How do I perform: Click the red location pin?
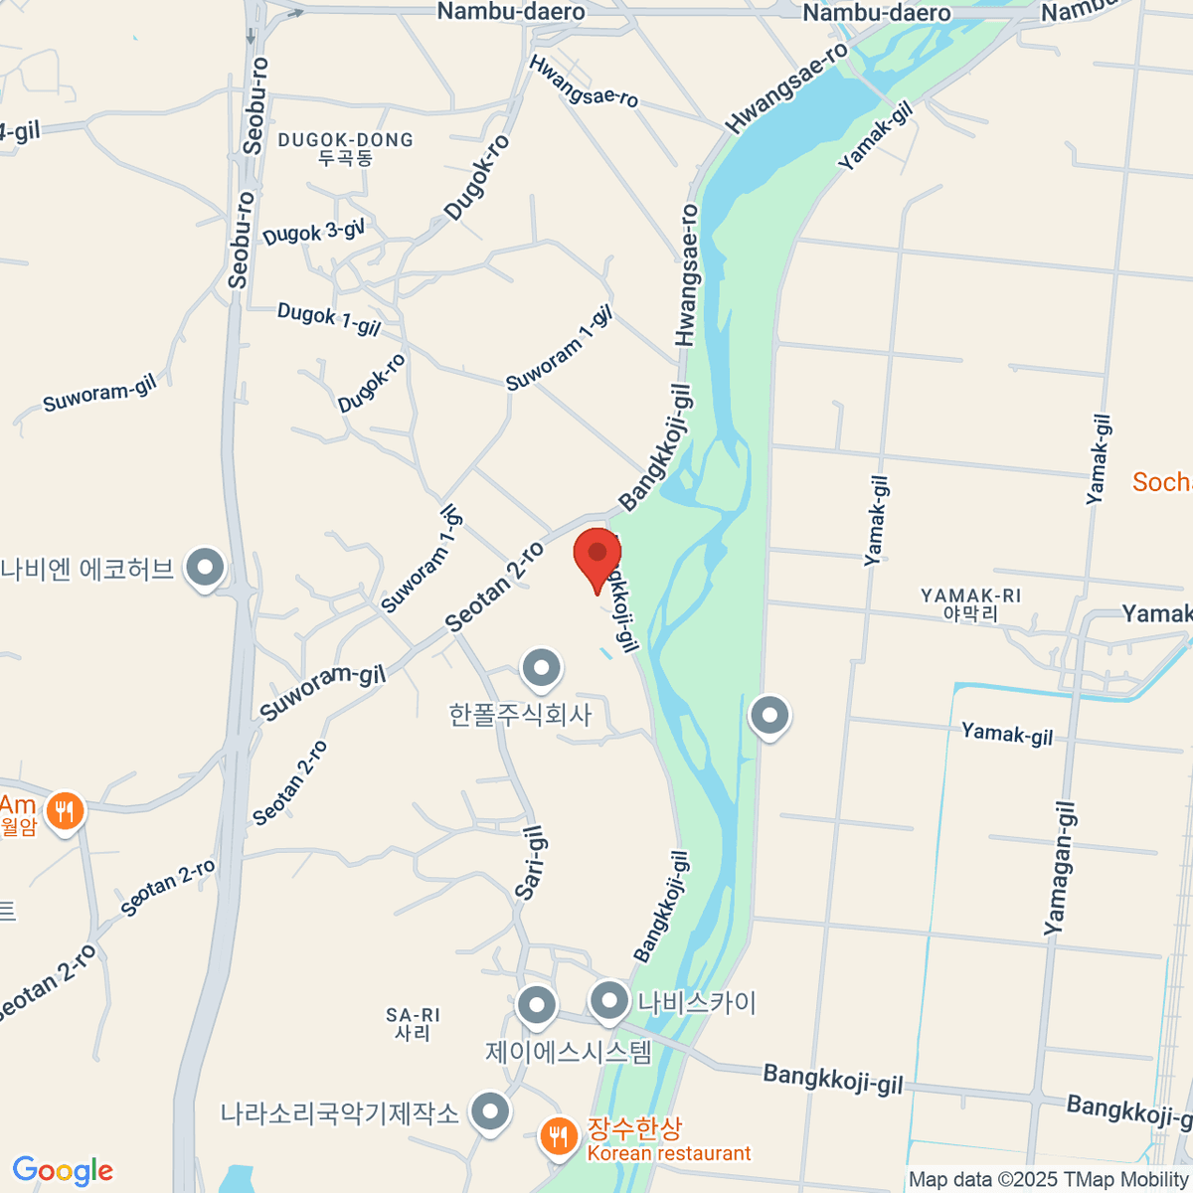point(597,558)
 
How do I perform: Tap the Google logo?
point(63,1170)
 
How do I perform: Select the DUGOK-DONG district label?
point(345,148)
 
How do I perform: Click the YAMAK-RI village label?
point(970,604)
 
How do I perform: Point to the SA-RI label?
point(413,1023)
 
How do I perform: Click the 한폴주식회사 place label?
point(520,714)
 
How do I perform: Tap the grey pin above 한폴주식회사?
point(542,669)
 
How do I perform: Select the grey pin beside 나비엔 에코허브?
point(206,569)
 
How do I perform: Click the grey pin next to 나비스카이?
point(609,1002)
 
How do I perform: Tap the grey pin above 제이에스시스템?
point(537,1005)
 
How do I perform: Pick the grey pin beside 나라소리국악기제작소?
point(489,1113)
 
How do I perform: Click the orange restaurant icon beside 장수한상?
point(559,1135)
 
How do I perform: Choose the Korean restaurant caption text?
point(669,1154)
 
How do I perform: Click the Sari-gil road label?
point(531,863)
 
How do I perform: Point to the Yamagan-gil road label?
point(1060,868)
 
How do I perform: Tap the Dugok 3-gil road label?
point(313,233)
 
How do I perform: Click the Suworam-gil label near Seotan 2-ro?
point(322,691)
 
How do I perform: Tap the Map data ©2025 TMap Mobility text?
point(1048,1180)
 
